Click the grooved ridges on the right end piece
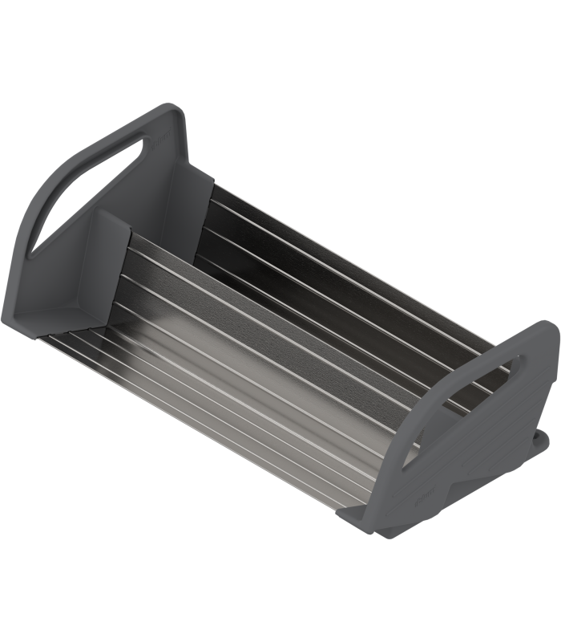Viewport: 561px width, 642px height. coord(489,457)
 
